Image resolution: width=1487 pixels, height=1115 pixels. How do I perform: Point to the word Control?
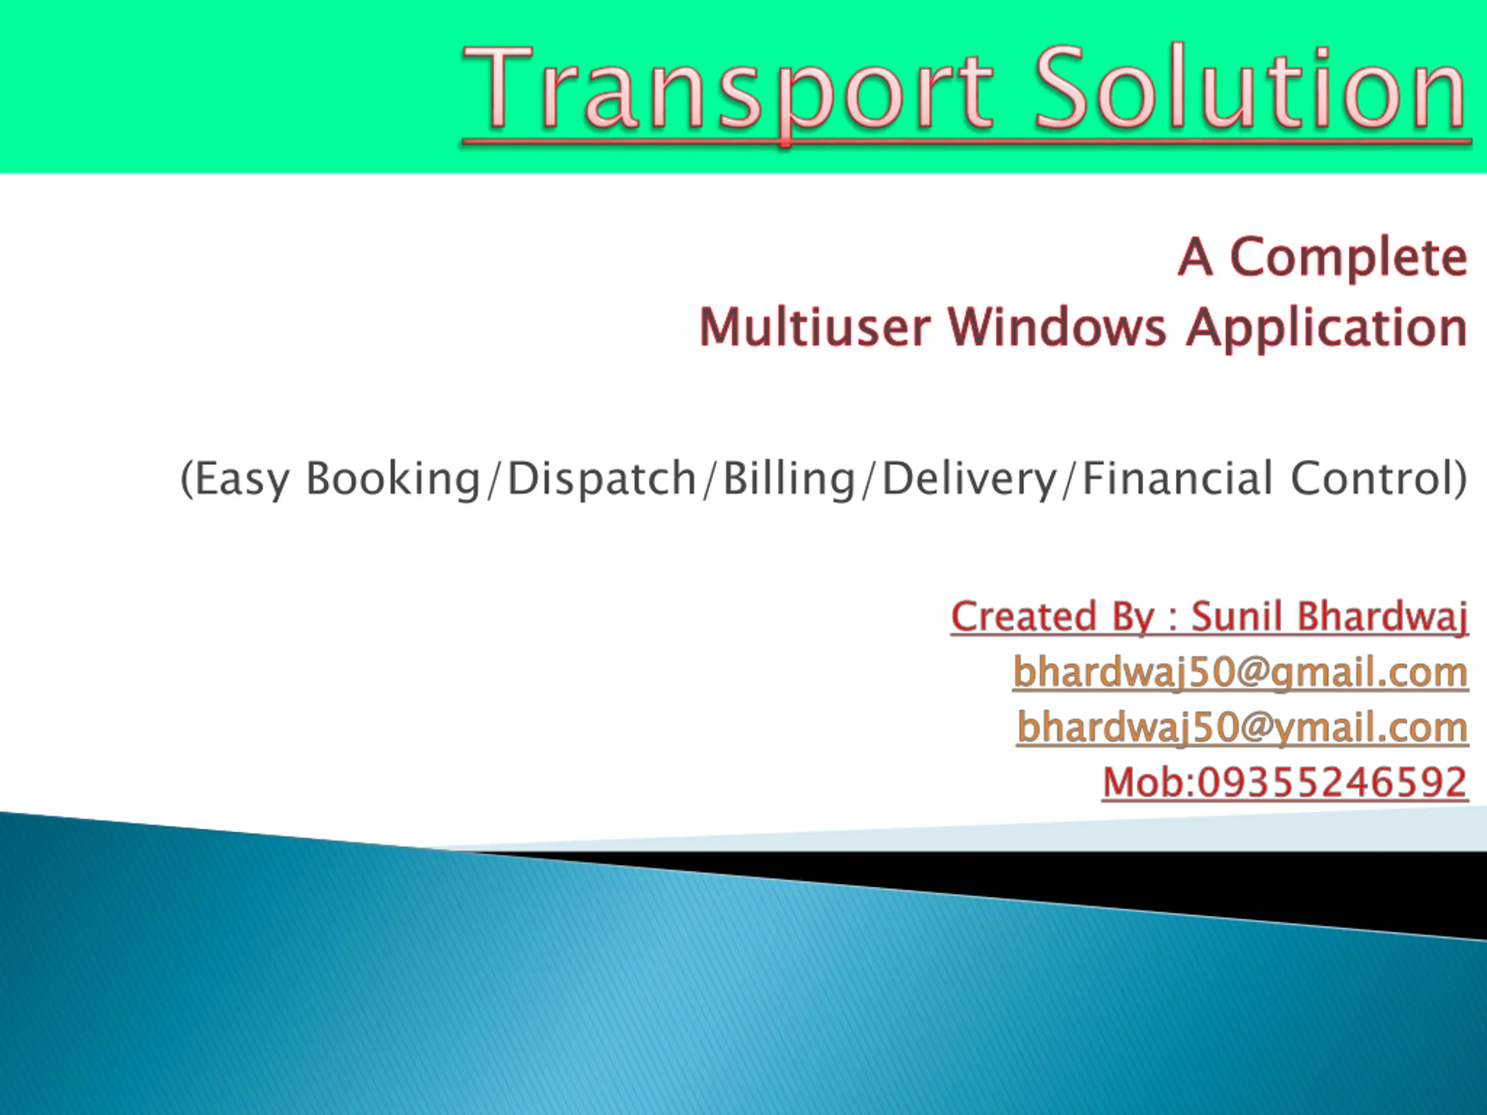point(1371,478)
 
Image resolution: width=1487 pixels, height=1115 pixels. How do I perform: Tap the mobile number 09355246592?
point(1332,782)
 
